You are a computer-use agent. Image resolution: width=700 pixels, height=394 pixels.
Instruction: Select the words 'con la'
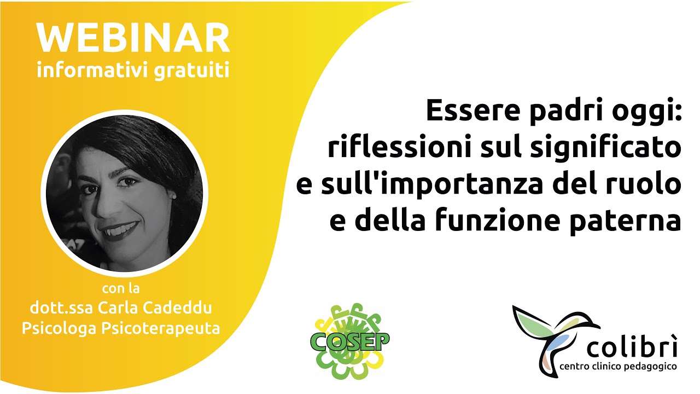click(124, 288)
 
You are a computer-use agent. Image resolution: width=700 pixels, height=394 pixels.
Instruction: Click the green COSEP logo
click(350, 340)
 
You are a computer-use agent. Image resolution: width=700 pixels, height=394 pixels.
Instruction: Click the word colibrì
click(632, 347)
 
